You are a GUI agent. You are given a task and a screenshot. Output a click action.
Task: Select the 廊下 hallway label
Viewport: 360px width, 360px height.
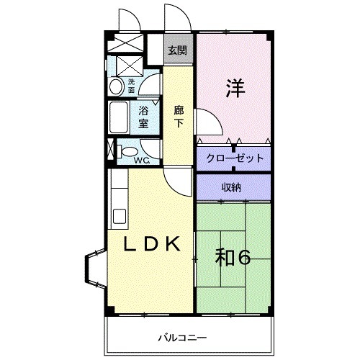(179, 117)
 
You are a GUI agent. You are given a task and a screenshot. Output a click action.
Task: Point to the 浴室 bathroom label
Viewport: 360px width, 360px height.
(143, 116)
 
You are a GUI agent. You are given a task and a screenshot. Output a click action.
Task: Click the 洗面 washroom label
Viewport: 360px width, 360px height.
(132, 86)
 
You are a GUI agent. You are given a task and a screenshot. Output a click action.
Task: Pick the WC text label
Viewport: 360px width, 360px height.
(142, 160)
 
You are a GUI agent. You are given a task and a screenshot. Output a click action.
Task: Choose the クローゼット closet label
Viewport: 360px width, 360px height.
(234, 158)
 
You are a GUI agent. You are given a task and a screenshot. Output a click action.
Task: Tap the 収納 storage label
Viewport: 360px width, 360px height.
(231, 187)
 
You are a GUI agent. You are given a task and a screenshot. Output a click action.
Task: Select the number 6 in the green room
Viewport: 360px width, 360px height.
(243, 258)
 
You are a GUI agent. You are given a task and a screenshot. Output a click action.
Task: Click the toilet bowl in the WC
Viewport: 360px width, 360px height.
(126, 152)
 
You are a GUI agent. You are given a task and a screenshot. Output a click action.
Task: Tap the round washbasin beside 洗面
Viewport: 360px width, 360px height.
(116, 86)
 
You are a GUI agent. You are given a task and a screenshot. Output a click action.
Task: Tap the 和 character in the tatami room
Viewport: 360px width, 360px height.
(225, 258)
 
